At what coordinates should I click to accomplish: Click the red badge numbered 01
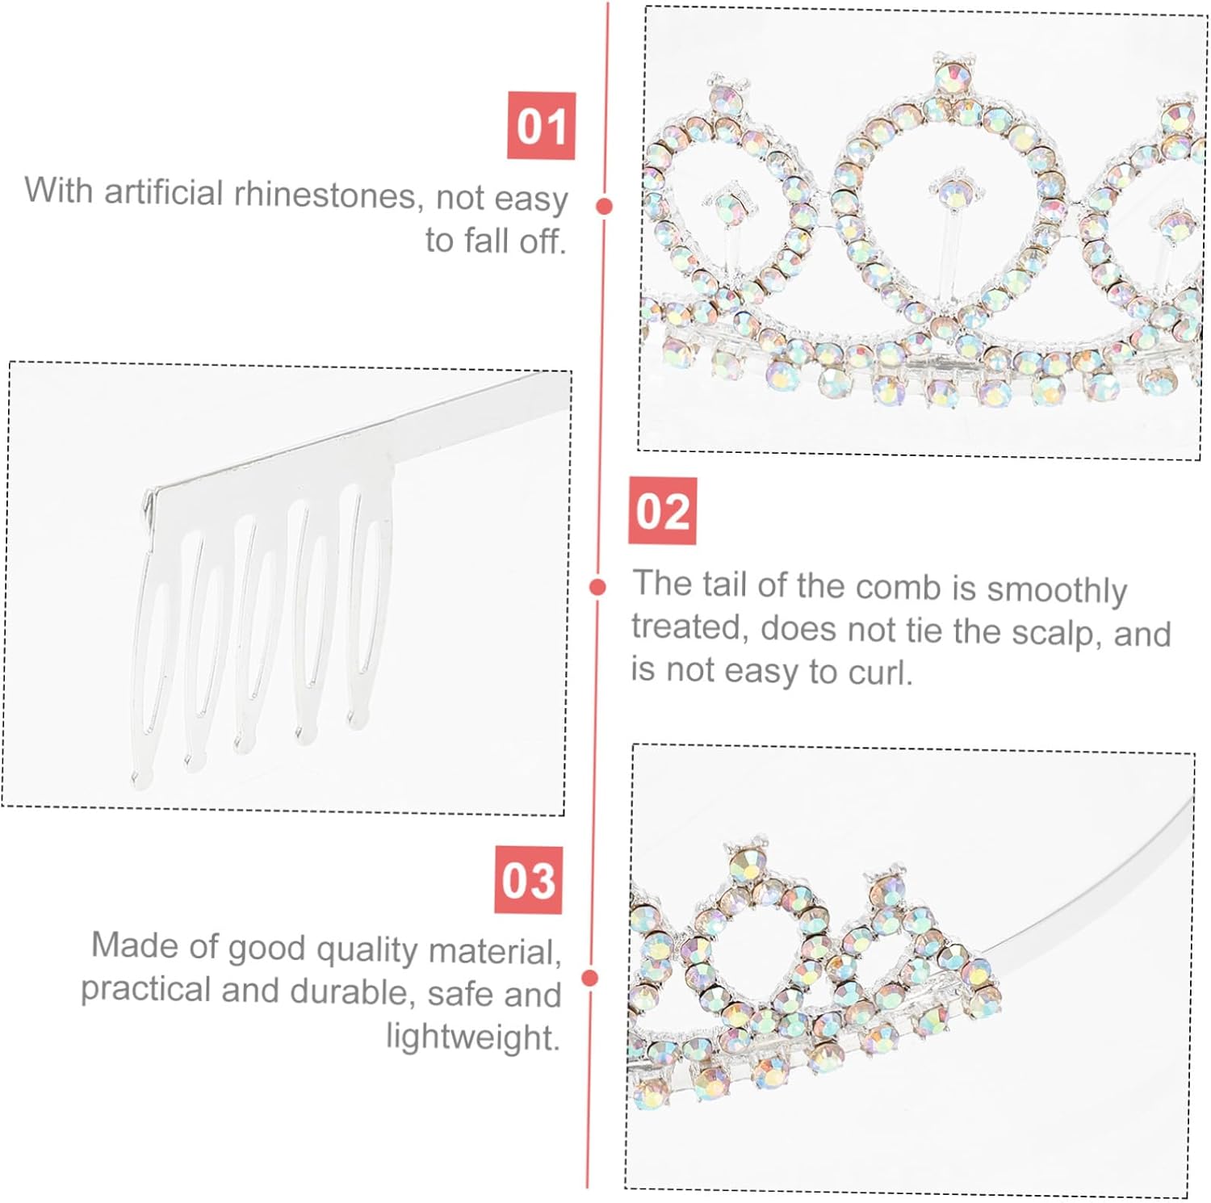(541, 126)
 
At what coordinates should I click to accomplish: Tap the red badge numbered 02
(662, 511)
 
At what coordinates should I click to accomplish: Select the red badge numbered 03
(528, 879)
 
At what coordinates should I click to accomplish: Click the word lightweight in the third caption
(472, 1036)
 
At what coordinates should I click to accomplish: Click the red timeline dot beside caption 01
(604, 206)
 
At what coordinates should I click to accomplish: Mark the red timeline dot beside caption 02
(597, 587)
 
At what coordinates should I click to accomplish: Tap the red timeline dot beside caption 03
(590, 978)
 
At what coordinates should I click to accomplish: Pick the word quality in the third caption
(368, 949)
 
